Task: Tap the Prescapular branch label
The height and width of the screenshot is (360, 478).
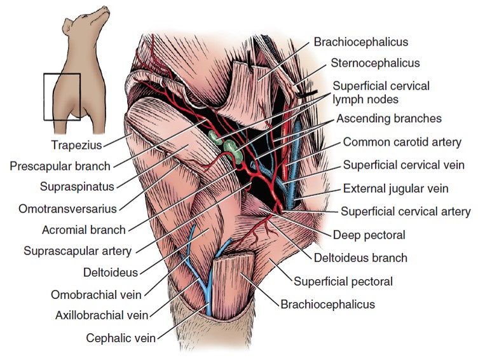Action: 60,167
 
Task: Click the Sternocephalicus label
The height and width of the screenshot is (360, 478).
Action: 376,63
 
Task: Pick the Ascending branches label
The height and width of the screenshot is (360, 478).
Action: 388,118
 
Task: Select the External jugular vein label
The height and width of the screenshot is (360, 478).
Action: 395,188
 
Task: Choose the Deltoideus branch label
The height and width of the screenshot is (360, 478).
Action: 360,258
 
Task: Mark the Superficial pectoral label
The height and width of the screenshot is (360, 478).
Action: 343,280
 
